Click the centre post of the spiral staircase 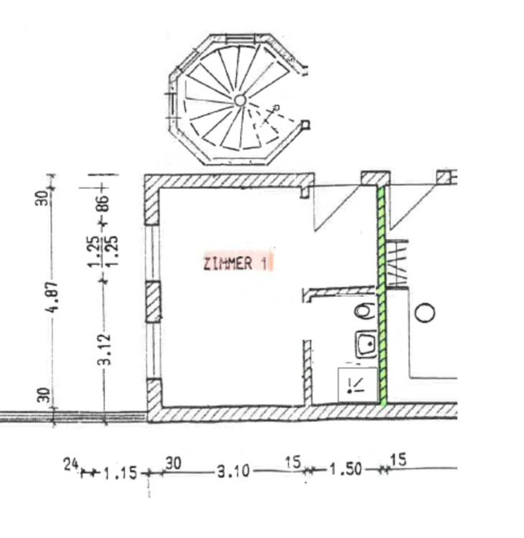point(240,100)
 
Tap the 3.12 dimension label point(106,349)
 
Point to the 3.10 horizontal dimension point(233,471)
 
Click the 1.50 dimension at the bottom point(346,469)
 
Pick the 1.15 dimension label point(120,473)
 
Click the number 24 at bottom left point(71,465)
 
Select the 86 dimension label point(104,203)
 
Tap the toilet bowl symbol point(365,311)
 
